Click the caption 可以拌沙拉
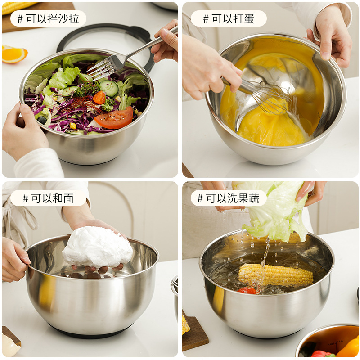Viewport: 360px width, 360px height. [x=48, y=18]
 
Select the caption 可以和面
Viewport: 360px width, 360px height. [x=48, y=198]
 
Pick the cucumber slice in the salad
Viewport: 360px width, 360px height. [x=109, y=88]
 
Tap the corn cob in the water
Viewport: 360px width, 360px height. [x=275, y=274]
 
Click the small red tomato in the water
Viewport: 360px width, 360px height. [x=247, y=291]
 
